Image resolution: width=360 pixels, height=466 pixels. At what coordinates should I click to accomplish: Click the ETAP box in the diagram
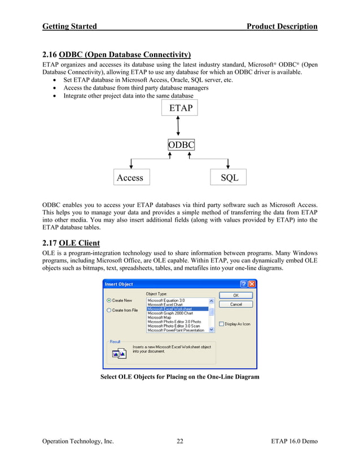179,108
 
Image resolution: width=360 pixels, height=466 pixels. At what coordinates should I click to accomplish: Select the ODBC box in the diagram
181,145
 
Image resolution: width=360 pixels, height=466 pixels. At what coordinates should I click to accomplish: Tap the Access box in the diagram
131,178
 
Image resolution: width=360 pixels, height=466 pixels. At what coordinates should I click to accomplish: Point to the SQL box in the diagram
229,178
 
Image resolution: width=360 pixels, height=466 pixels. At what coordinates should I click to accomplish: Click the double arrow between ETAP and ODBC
178,126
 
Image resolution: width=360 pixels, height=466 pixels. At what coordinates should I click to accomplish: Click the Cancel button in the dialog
236,304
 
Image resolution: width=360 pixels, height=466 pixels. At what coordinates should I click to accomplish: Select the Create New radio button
109,301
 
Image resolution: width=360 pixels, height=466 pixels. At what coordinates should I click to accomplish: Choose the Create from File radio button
109,310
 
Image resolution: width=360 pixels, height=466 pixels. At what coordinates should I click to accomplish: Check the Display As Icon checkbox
221,324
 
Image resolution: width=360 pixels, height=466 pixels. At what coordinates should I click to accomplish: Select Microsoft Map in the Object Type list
160,318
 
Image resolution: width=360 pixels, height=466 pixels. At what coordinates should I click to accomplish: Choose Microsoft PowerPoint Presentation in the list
175,330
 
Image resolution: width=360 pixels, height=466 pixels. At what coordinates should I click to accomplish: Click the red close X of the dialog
252,284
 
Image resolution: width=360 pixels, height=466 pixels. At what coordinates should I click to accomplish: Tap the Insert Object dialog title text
119,284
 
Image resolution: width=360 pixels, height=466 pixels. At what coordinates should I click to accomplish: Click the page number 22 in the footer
179,441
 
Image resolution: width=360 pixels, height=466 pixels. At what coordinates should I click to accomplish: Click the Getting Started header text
69,26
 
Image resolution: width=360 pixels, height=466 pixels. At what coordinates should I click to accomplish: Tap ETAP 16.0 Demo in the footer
294,441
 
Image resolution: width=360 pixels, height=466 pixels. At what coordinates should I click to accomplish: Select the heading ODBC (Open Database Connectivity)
125,55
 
